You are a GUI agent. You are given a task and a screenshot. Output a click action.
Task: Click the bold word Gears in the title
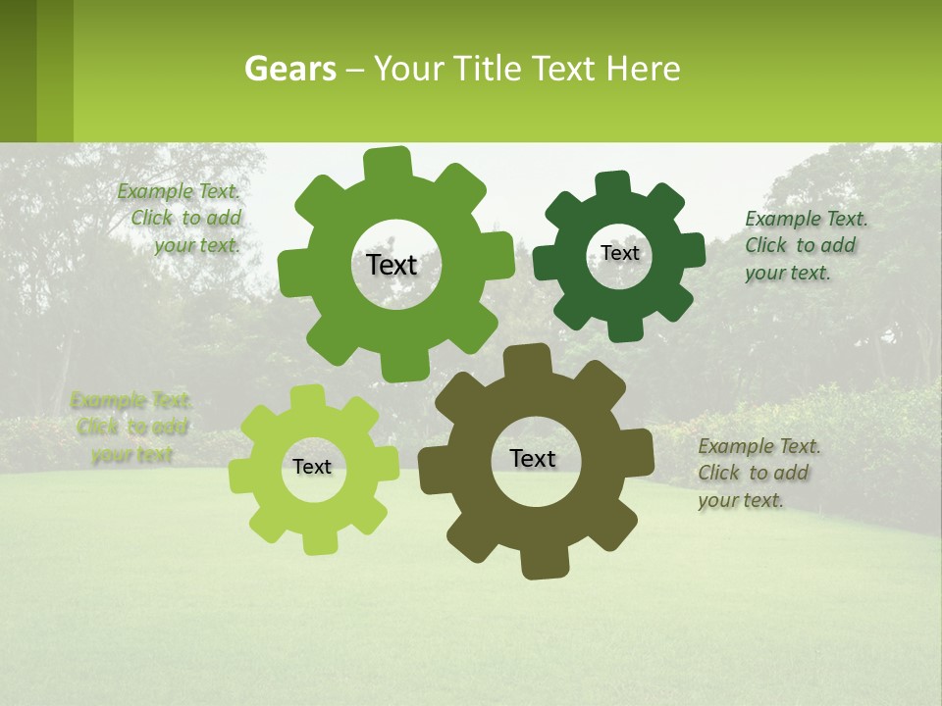click(x=290, y=69)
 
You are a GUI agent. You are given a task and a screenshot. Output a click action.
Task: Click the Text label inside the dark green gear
click(x=619, y=253)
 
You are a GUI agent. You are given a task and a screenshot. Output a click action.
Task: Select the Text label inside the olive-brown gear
click(x=533, y=458)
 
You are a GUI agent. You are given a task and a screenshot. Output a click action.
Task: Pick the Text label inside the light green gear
click(x=312, y=467)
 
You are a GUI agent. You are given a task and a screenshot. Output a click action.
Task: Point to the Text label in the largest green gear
click(x=392, y=265)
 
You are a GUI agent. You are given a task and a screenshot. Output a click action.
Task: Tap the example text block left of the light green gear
click(x=131, y=428)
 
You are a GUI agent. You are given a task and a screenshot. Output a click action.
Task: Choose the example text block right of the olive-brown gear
click(x=759, y=473)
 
